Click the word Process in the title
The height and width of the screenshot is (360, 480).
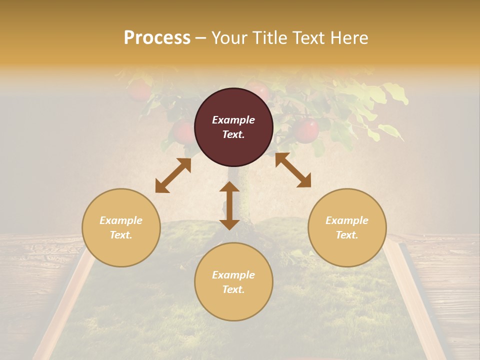click(157, 38)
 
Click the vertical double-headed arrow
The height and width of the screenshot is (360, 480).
click(229, 205)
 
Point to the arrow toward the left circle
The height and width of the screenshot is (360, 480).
click(173, 175)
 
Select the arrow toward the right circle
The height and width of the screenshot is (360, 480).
click(293, 170)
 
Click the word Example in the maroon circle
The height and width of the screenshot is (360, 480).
click(233, 120)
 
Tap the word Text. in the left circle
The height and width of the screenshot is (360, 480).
click(121, 235)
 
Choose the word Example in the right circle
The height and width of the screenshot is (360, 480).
click(347, 220)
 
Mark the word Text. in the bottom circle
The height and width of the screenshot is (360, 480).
click(233, 289)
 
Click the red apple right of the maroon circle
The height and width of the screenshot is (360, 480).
click(306, 131)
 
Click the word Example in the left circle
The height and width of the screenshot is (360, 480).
click(121, 220)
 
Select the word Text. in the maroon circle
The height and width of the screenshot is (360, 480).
click(233, 134)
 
